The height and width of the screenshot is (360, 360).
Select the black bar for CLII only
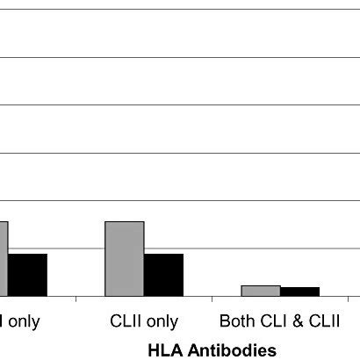163,274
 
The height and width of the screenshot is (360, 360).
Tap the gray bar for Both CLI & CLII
260,291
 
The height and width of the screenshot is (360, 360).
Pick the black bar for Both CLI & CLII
299,292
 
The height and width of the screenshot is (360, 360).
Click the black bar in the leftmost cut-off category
27,274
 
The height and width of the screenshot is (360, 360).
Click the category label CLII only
144,321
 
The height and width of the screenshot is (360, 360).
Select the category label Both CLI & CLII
279,321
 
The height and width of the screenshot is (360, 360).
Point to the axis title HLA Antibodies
212,349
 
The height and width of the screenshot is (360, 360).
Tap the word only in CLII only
162,321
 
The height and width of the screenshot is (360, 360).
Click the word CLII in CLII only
126,321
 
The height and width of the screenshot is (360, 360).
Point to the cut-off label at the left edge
19,321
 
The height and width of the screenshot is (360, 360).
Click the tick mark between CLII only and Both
212,299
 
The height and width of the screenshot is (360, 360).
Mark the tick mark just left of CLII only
76,299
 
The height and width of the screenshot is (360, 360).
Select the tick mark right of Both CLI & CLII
348,299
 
